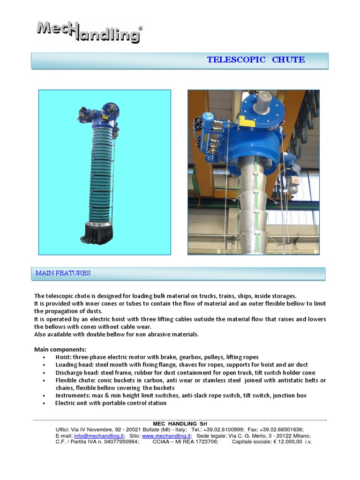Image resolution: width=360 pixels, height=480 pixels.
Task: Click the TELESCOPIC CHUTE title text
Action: coord(255,60)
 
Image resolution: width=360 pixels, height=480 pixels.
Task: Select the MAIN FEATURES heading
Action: coord(63,273)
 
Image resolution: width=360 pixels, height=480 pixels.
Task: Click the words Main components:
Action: coord(60,350)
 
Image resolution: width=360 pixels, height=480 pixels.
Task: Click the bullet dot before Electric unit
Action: coord(44,403)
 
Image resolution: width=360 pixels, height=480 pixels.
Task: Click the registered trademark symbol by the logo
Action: coord(141,29)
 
